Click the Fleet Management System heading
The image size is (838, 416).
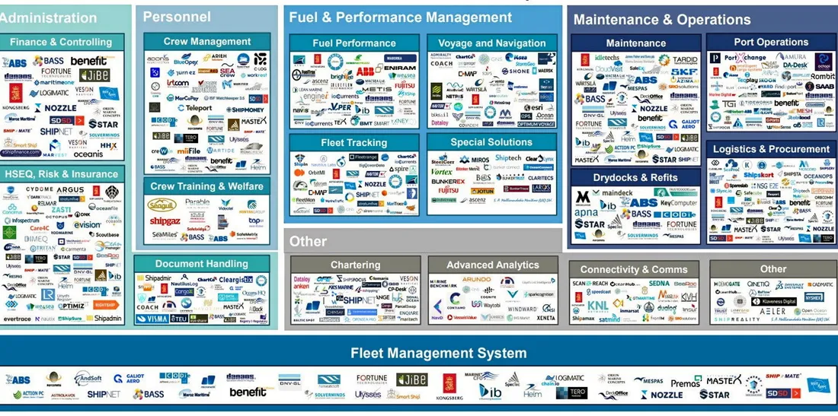point(438,353)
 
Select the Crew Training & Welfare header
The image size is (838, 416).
point(206,186)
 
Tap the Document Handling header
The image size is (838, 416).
point(202,264)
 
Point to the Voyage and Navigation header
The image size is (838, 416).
point(492,43)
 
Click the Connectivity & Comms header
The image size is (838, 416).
point(633,269)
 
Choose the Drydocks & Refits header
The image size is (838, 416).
point(635,177)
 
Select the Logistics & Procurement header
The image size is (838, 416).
point(771,149)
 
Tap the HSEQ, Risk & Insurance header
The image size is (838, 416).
point(62,174)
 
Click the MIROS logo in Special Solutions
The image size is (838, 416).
point(480,159)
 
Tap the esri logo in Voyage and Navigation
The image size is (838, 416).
point(526,108)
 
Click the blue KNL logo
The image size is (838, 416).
point(598,306)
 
